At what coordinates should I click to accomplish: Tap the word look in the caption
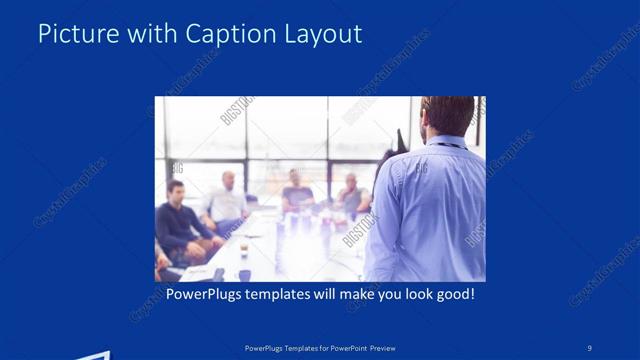pyautogui.click(x=404, y=295)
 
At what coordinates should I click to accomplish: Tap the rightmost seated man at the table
pyautogui.click(x=350, y=195)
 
